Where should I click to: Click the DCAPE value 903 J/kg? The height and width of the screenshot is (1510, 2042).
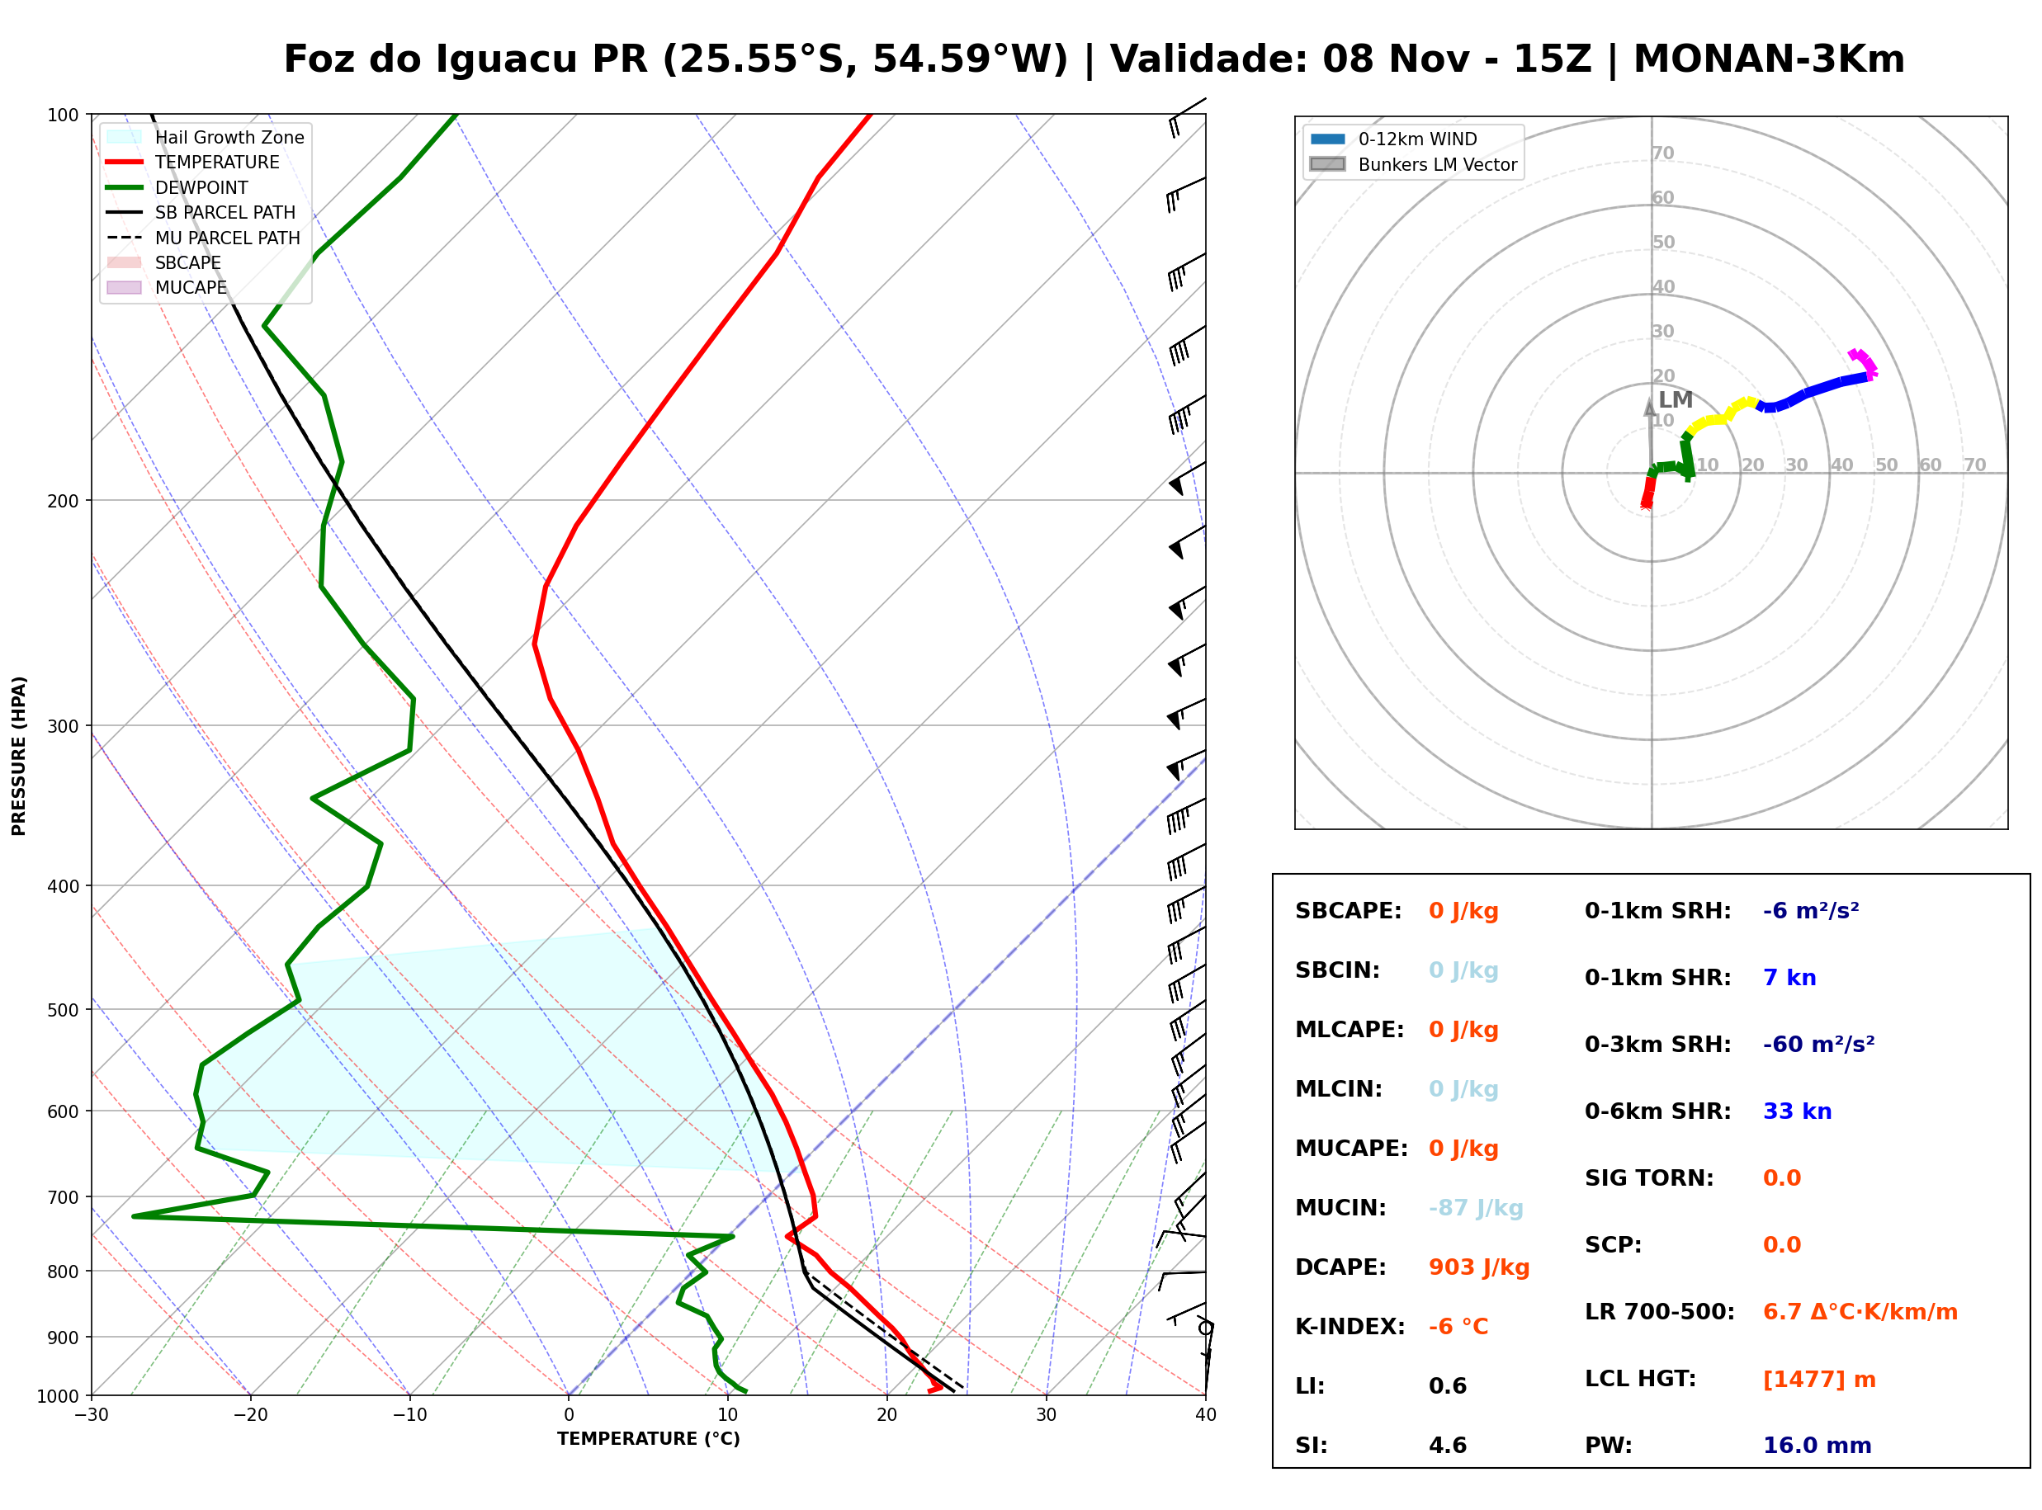pos(1479,1267)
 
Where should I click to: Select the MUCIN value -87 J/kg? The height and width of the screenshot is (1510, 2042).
pos(1475,1208)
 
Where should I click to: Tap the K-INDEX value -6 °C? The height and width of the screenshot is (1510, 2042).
pos(1458,1327)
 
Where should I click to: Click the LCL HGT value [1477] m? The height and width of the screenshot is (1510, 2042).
pos(1819,1380)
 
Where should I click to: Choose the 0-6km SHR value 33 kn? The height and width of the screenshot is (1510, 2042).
pos(1797,1112)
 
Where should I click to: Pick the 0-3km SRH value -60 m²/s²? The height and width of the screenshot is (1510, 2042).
pos(1818,1045)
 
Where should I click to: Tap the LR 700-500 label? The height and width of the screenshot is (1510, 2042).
pos(1659,1313)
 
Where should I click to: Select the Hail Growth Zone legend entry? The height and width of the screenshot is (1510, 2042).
pos(205,137)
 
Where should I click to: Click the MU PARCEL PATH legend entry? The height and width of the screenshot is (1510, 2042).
pos(203,238)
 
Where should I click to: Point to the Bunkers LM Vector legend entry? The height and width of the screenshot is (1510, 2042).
pos(1412,164)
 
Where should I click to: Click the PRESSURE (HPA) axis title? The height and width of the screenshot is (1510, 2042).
pos(19,756)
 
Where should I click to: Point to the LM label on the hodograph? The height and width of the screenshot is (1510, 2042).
pos(1676,399)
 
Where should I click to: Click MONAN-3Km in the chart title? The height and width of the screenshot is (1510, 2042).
pos(1770,59)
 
